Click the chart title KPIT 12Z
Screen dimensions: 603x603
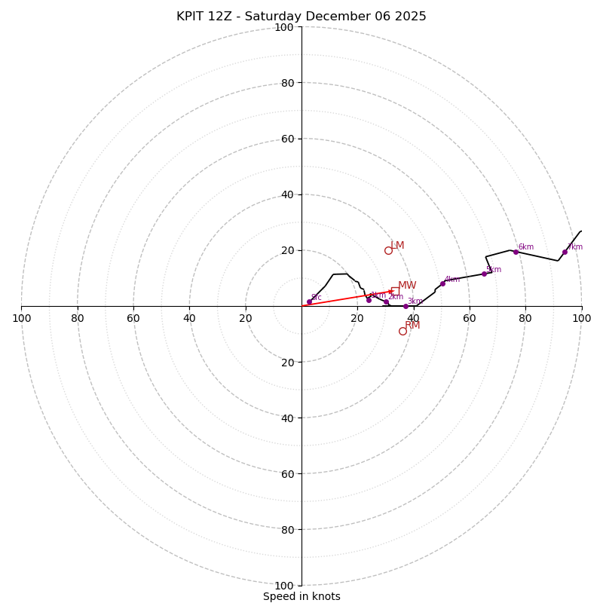(x=301, y=17)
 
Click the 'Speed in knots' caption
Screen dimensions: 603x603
(x=301, y=596)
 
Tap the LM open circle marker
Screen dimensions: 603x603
(x=388, y=250)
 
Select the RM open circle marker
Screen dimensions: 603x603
(x=403, y=331)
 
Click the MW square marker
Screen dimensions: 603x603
(x=395, y=291)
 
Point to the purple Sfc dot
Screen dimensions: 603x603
(x=309, y=301)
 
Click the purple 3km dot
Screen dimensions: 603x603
(x=406, y=306)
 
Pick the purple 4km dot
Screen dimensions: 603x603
(x=442, y=283)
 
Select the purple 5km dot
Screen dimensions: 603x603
(x=484, y=274)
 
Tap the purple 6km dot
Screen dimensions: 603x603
(x=516, y=252)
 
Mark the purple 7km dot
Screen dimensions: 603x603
(x=565, y=252)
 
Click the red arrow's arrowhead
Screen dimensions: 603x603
(x=390, y=292)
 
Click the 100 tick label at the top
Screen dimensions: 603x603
(x=284, y=27)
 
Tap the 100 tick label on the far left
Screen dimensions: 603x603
(x=21, y=318)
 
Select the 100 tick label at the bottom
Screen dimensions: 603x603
(x=284, y=585)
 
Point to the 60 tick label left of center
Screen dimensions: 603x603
(x=133, y=318)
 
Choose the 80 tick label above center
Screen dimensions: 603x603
(x=287, y=83)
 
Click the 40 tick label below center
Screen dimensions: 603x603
(x=287, y=418)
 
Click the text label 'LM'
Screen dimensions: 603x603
(x=397, y=246)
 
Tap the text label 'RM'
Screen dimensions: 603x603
(x=412, y=326)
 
